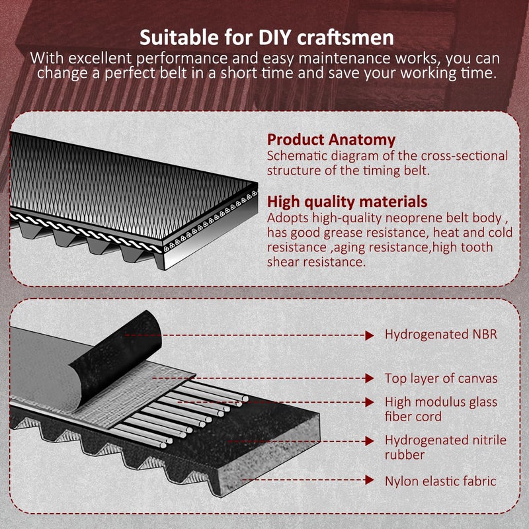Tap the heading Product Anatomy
[331, 140]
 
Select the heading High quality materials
[347, 202]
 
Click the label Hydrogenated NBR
[441, 335]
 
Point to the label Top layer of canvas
[441, 378]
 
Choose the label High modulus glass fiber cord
[441, 409]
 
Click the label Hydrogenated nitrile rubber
[445, 448]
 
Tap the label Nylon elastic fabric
[440, 481]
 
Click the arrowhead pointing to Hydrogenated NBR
[370, 335]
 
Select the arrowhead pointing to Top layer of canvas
[370, 378]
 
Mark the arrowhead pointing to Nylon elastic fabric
[370, 480]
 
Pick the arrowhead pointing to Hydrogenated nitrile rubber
[370, 441]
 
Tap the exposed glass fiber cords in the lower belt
[183, 411]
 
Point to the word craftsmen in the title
[345, 37]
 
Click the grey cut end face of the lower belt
[268, 456]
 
